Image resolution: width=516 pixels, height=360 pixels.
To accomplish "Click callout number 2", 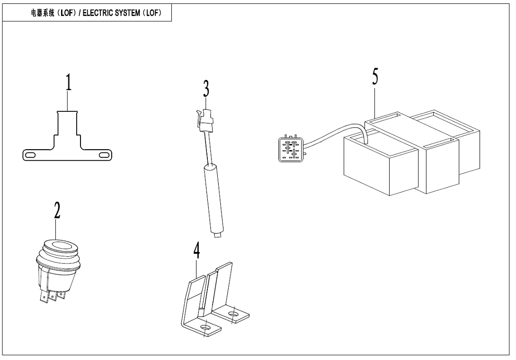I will [x=57, y=211].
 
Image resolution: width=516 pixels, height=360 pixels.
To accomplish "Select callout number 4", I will [x=196, y=252].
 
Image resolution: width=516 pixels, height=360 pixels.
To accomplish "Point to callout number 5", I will [x=375, y=76].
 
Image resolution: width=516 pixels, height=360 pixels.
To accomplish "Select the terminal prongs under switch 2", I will [x=52, y=297].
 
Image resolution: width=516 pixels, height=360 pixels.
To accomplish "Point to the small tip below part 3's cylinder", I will [x=217, y=235].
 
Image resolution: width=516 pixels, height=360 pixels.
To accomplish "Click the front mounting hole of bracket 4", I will [x=206, y=328].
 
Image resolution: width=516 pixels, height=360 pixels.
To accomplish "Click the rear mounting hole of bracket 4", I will [x=232, y=314].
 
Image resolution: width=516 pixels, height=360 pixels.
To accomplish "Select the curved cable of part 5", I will [x=336, y=132].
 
